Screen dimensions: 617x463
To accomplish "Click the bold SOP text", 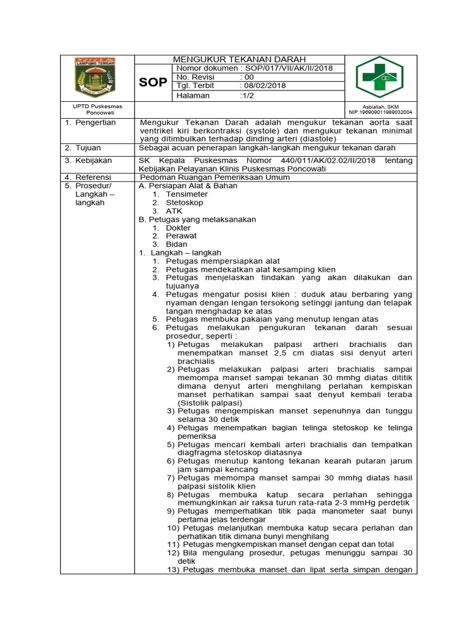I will click(153, 83).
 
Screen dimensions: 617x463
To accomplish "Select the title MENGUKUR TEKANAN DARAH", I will click(239, 59).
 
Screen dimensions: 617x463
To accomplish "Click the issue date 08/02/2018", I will click(263, 86).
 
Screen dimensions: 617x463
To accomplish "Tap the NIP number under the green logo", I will click(380, 112).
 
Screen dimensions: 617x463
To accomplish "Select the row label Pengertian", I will click(95, 122).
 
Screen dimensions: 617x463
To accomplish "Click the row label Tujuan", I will click(88, 148).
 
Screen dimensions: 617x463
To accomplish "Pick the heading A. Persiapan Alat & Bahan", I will click(188, 186).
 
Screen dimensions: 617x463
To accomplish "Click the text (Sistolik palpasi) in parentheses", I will click(210, 402).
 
